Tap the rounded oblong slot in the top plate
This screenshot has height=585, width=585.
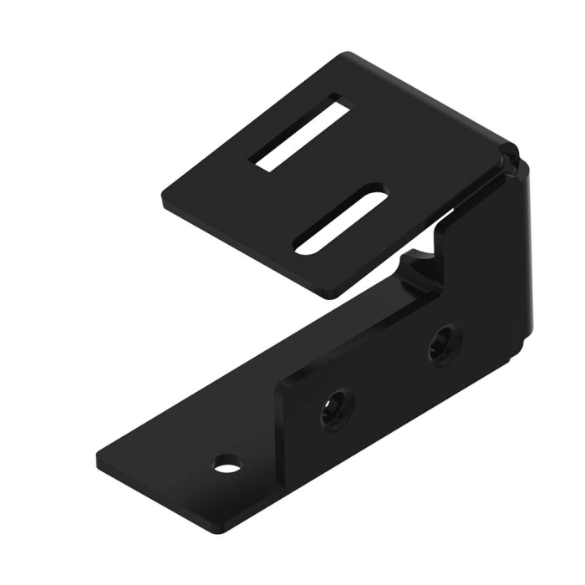(341, 219)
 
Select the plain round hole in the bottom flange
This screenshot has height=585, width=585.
(226, 461)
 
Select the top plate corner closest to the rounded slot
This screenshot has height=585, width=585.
(331, 294)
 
